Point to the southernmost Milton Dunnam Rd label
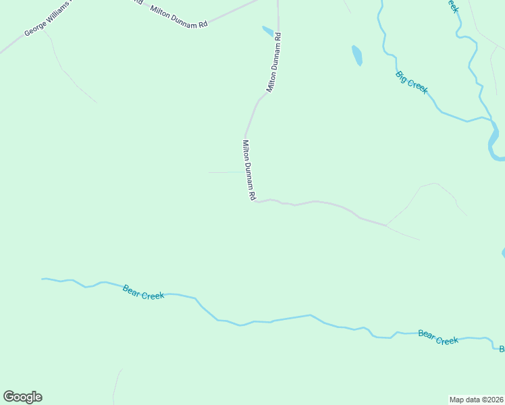coord(248,169)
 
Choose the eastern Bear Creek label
coord(438,337)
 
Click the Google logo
coord(22,397)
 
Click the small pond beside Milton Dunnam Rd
coord(268,30)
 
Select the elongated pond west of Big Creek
coord(357,55)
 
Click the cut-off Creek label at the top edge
coord(451,5)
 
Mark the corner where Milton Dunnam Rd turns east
coord(254,201)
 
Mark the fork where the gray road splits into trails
coord(386,225)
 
